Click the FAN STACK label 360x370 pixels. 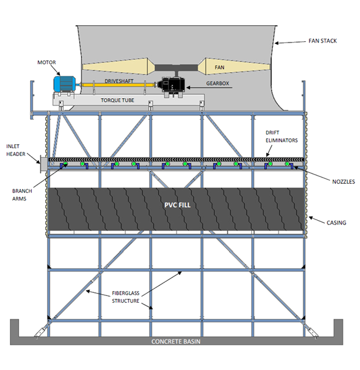click(x=322, y=41)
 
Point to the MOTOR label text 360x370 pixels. click(x=46, y=62)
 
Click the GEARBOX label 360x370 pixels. click(x=217, y=83)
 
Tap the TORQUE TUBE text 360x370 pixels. click(x=117, y=101)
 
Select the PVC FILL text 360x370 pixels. click(x=177, y=205)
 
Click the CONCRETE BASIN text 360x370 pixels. click(x=176, y=342)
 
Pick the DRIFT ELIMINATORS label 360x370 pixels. click(x=282, y=136)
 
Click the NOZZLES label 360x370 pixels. click(x=343, y=182)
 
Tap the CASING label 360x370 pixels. click(x=336, y=223)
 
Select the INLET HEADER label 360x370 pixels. click(x=15, y=150)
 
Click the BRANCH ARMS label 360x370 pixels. click(x=22, y=195)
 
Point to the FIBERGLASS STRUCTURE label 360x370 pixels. click(x=126, y=297)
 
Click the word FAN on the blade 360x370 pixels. click(x=219, y=67)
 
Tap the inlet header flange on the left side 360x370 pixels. click(x=43, y=163)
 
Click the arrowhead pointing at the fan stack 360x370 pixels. click(x=277, y=43)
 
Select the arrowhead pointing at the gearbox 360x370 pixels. click(x=188, y=88)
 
